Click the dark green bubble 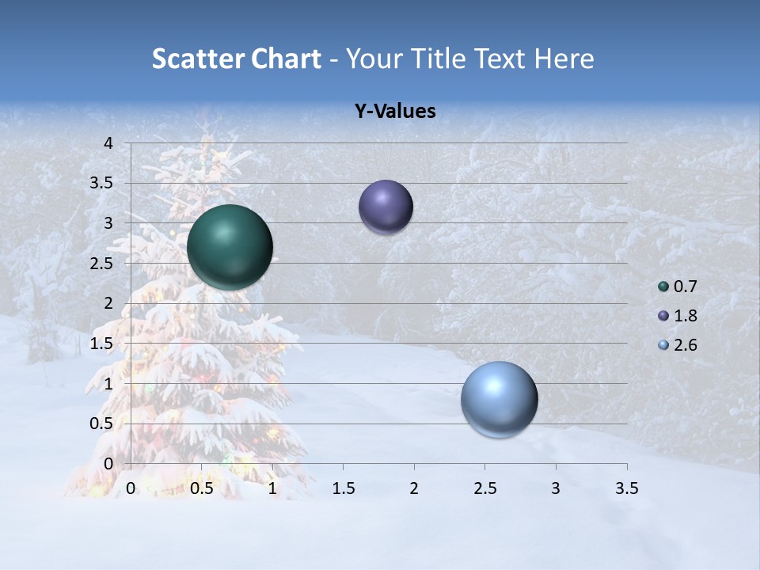click(x=230, y=247)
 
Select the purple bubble click(x=386, y=207)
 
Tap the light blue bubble click(x=499, y=399)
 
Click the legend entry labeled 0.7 click(x=678, y=287)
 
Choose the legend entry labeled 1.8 click(x=678, y=316)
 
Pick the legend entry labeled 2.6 click(x=678, y=345)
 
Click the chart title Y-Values click(x=395, y=112)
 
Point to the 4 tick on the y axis click(x=109, y=143)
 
